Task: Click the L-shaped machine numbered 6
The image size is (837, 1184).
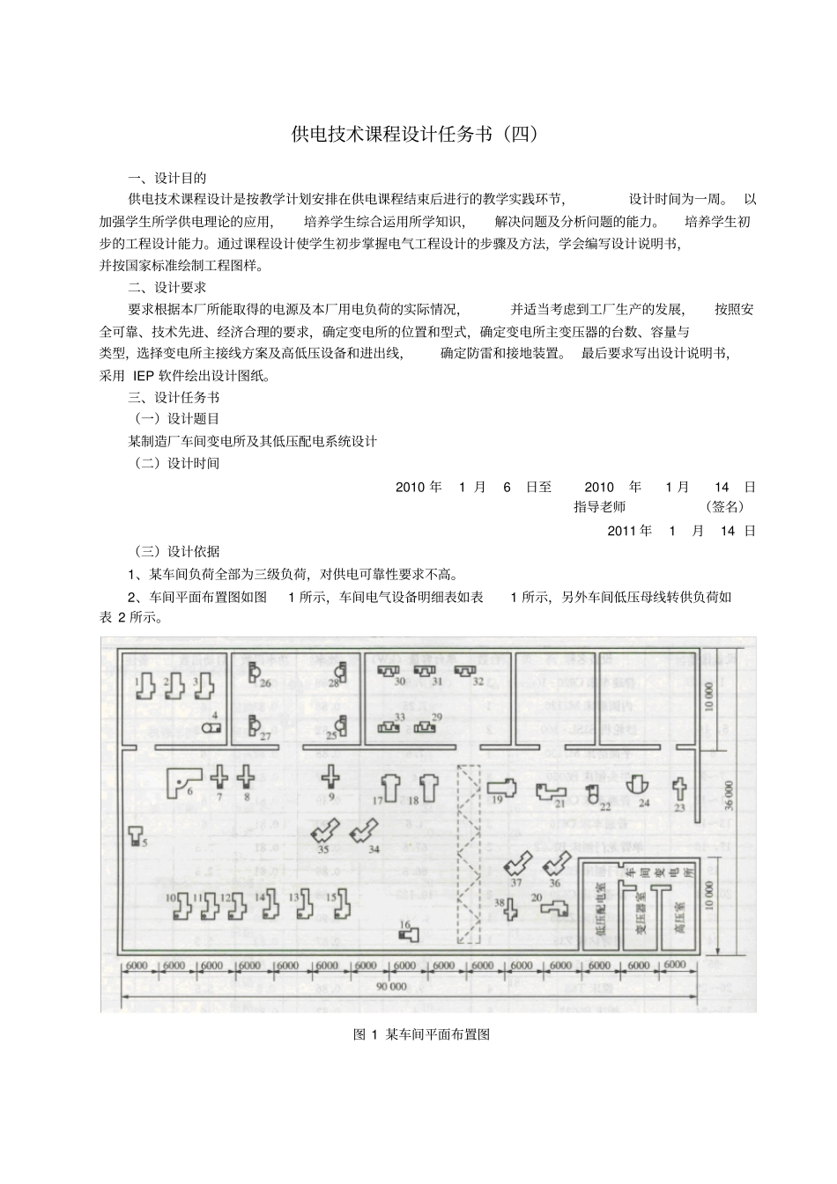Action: point(184,779)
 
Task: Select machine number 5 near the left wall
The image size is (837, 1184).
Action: point(135,834)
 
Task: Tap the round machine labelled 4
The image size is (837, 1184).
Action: point(211,728)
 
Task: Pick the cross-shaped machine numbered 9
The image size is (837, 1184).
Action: point(330,776)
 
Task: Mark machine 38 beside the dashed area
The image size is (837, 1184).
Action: point(510,908)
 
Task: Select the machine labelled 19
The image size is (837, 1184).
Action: point(501,786)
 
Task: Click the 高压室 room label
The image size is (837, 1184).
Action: point(679,916)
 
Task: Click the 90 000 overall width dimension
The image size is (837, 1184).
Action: point(391,987)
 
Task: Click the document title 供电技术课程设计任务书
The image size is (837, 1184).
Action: point(414,135)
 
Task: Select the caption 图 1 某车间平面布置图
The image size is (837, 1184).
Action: point(421,1034)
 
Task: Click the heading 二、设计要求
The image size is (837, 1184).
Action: point(167,287)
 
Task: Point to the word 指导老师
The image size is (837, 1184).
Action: point(599,507)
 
